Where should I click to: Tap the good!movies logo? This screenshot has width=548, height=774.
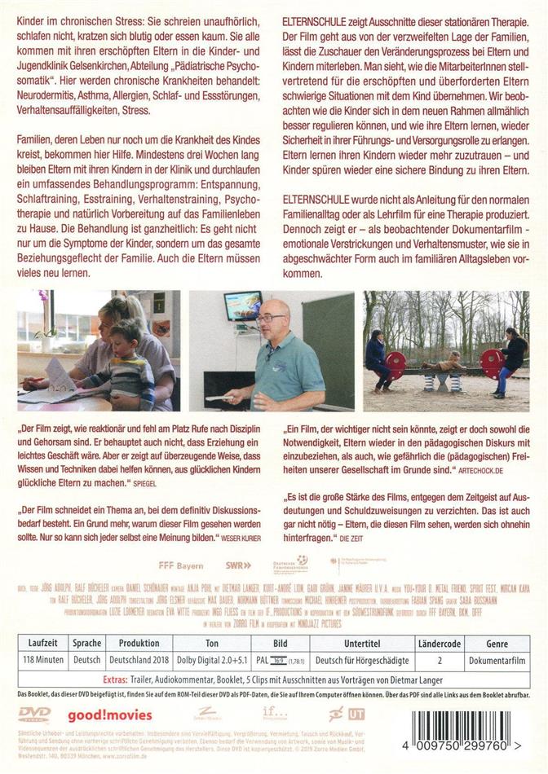(99, 716)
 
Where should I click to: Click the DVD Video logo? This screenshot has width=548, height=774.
(34, 715)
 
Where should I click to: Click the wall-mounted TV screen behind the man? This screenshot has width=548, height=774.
(243, 306)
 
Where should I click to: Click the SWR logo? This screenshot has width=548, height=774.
(239, 587)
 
